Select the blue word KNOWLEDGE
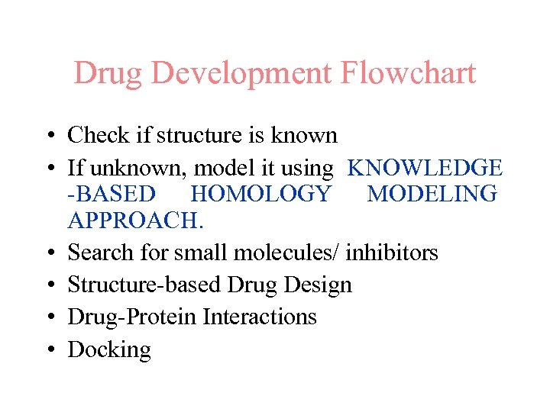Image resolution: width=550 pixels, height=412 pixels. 425,168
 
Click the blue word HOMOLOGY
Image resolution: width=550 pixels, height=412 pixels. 261,194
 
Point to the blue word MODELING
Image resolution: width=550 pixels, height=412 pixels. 432,194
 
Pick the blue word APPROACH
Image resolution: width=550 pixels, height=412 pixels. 135,220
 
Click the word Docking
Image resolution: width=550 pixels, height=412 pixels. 109,350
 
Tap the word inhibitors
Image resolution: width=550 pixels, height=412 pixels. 392,252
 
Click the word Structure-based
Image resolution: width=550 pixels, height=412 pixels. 145,285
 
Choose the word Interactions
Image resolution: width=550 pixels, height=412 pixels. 260,317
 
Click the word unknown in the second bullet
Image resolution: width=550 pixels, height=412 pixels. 126,168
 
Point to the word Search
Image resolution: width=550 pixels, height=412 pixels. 102,252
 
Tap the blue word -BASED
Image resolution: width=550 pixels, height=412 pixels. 112,194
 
